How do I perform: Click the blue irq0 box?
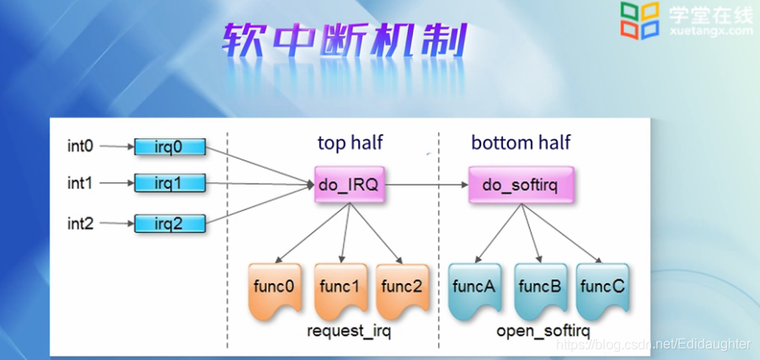pos(169,147)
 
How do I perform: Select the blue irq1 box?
pos(169,182)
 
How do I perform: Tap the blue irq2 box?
pos(169,223)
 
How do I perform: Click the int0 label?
pos(81,147)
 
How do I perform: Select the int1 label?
pos(81,182)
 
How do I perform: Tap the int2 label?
pos(81,223)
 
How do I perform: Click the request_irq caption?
pos(349,330)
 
